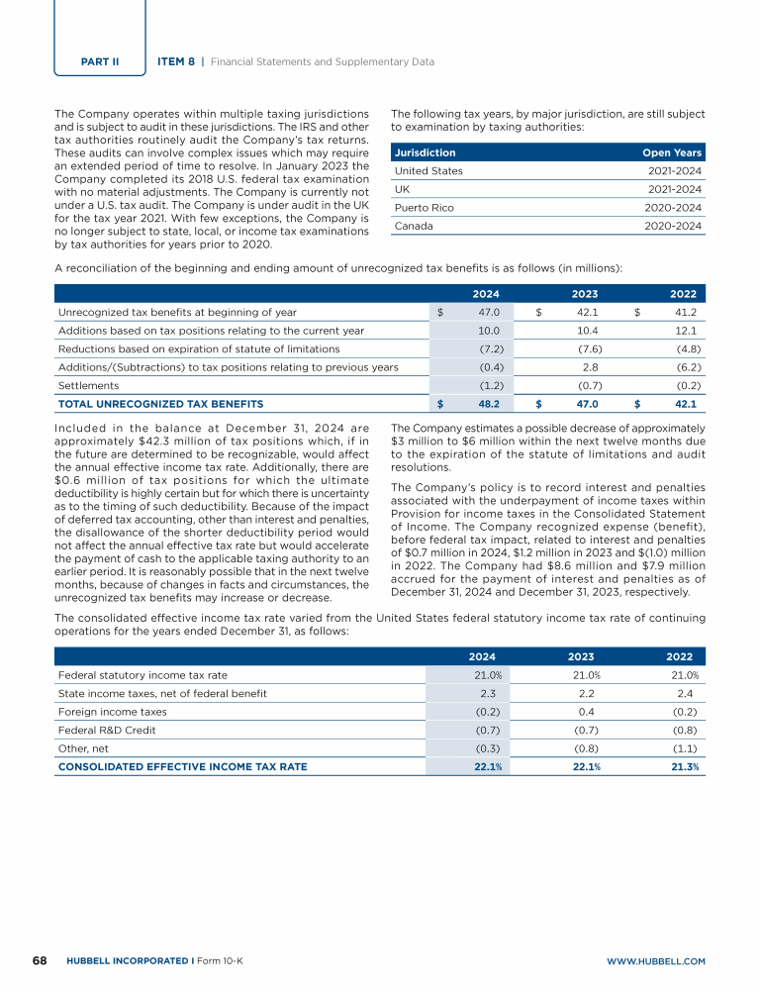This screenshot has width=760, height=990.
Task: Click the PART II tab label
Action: [99, 61]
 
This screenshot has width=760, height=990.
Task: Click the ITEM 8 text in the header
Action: [176, 61]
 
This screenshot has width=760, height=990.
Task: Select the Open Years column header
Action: [672, 152]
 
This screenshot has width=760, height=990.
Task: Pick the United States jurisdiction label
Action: [428, 171]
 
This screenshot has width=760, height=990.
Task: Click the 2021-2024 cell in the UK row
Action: [674, 189]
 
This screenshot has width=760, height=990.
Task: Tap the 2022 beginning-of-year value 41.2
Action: [684, 312]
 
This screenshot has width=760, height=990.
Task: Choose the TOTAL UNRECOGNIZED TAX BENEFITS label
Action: [160, 404]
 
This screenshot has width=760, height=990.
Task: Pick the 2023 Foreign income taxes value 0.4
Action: [586, 711]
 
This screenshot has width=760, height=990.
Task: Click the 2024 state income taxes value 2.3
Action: [487, 693]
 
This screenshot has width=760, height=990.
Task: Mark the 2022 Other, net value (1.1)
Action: [684, 747]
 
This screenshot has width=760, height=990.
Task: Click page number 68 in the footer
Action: [41, 960]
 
